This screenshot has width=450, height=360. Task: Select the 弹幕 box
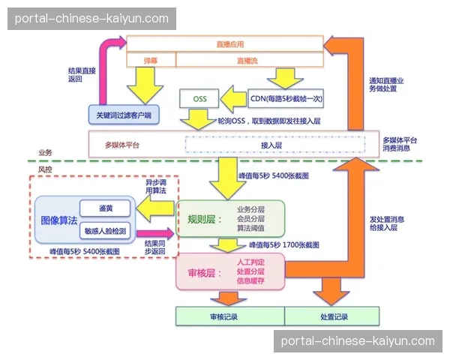(x=151, y=59)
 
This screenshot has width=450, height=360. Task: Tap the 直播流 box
(x=249, y=59)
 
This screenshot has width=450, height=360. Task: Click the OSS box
(x=199, y=99)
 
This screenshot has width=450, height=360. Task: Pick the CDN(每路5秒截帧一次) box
(x=286, y=99)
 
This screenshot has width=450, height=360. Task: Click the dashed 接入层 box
(x=271, y=145)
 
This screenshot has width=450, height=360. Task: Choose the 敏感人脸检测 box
(x=106, y=231)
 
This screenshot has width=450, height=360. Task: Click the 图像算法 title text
(x=58, y=220)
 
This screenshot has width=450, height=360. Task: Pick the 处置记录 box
(x=328, y=316)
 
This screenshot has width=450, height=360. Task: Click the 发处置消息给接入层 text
(x=387, y=223)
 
